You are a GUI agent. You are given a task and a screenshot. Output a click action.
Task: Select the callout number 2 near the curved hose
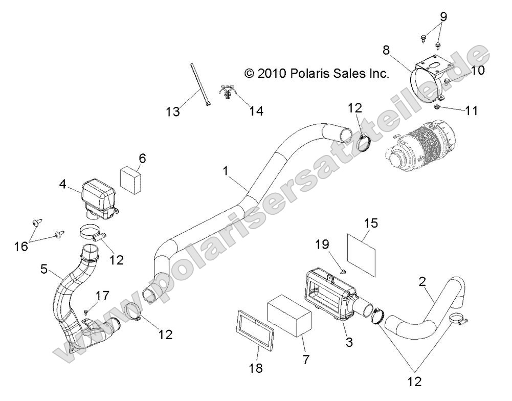422,282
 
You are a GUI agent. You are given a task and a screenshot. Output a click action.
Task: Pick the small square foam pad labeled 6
131,177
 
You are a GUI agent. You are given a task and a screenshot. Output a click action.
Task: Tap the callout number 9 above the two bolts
443,17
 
